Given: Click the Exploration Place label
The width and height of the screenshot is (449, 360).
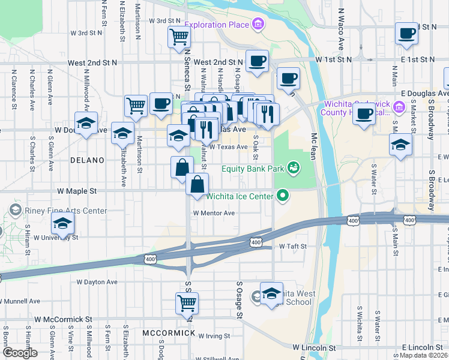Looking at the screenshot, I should click(217, 25).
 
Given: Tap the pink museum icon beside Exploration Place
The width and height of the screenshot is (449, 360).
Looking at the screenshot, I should click(258, 25).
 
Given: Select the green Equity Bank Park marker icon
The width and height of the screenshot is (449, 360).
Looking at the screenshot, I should click(294, 168).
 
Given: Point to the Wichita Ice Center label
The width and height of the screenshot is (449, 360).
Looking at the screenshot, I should click(240, 196).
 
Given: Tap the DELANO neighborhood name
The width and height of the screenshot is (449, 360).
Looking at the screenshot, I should click(87, 160).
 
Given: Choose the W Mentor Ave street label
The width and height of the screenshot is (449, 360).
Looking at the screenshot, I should click(214, 213).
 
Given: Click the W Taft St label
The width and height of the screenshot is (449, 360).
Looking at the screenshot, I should click(292, 247).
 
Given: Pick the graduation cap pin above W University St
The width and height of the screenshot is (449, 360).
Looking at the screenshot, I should click(63, 224).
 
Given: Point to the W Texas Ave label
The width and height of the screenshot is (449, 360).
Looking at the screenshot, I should click(228, 147).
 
